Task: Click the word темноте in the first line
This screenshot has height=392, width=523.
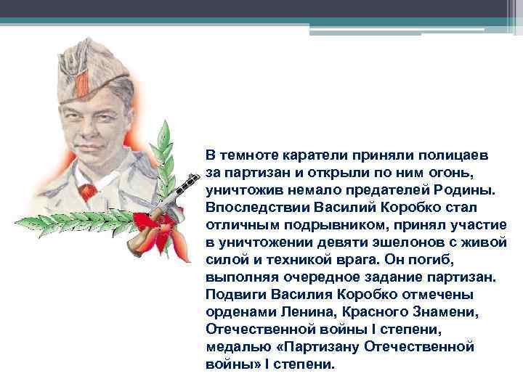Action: [x=251, y=155]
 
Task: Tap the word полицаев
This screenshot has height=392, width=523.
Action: [x=453, y=155]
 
